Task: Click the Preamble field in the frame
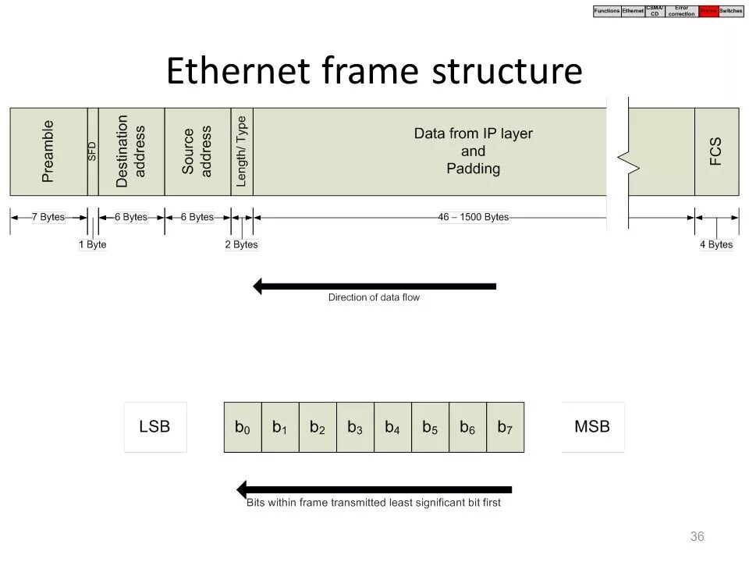tap(48, 151)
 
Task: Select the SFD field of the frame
tap(93, 151)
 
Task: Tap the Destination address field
tap(131, 151)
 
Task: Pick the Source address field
tap(197, 151)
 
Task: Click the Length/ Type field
tap(242, 151)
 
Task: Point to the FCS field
tap(716, 151)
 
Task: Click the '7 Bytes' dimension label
tap(48, 217)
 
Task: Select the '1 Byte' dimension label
tap(93, 244)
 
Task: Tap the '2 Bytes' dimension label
tap(242, 244)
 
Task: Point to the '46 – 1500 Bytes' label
tap(473, 217)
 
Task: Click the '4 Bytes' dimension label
tap(716, 244)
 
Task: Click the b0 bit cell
tap(243, 427)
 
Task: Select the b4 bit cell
tap(392, 427)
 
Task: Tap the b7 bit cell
tap(505, 427)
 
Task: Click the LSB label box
tap(154, 427)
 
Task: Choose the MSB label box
tap(592, 427)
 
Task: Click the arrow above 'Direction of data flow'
tap(374, 286)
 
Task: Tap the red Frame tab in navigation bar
tap(708, 11)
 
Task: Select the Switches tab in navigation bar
tap(731, 11)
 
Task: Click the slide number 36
tap(697, 536)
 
